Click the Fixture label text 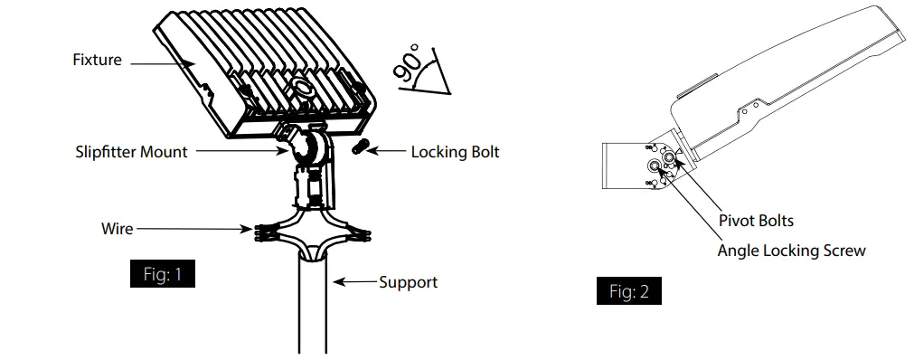click(x=97, y=61)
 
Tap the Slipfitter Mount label click(x=132, y=152)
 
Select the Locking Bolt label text click(x=455, y=152)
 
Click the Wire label click(x=117, y=229)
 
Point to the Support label click(x=408, y=282)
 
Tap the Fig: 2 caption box click(x=627, y=292)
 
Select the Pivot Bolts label click(x=756, y=221)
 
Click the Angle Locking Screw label click(x=791, y=251)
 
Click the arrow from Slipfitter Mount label click(x=235, y=152)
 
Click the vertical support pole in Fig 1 click(x=313, y=308)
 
